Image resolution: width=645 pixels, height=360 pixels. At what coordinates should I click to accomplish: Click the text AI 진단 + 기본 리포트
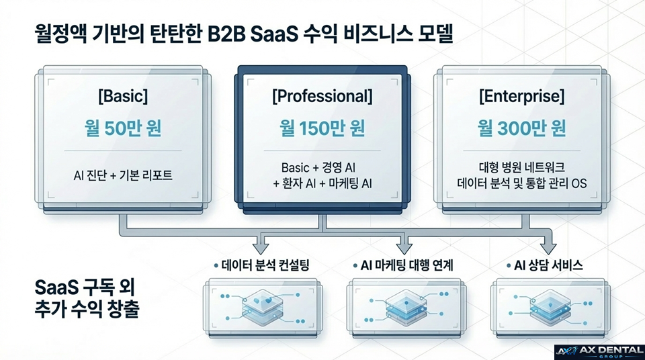122,176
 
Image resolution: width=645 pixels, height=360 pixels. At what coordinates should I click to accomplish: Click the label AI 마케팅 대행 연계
402,265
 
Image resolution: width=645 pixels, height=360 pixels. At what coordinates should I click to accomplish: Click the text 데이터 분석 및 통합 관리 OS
521,183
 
